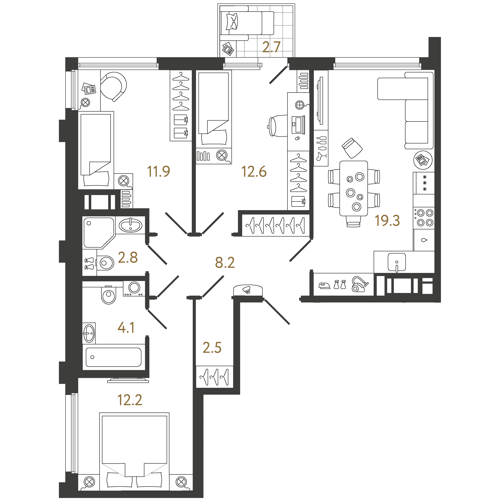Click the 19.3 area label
pyautogui.click(x=387, y=221)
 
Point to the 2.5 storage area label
pyautogui.click(x=212, y=348)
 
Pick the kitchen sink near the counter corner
pyautogui.click(x=396, y=262)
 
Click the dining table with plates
pyautogui.click(x=354, y=188)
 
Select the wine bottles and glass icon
pyautogui.click(x=321, y=148)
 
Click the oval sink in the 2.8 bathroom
pyautogui.click(x=130, y=225)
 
